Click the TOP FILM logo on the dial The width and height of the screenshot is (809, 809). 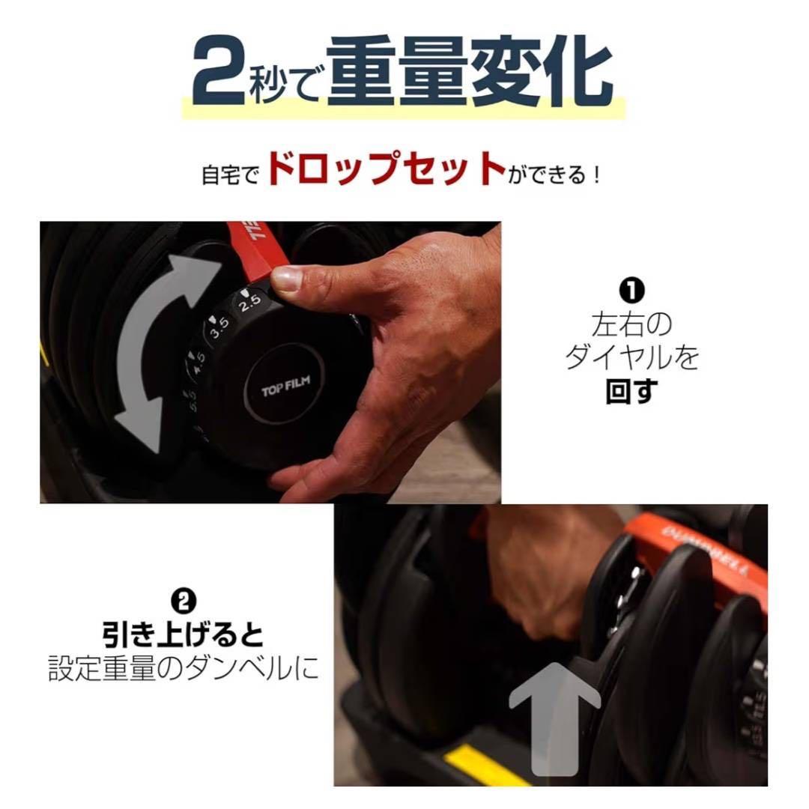[x=285, y=388]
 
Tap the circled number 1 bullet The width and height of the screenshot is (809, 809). [x=631, y=288]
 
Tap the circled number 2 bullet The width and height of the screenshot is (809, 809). [x=184, y=600]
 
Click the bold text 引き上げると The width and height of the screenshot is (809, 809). [x=184, y=634]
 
